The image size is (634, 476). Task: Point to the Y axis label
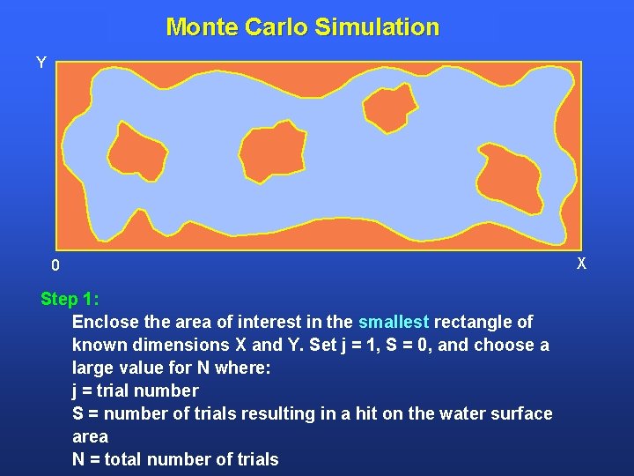41,63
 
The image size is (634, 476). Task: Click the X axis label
581,264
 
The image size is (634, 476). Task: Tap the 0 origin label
55,265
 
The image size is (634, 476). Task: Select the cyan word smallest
394,322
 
